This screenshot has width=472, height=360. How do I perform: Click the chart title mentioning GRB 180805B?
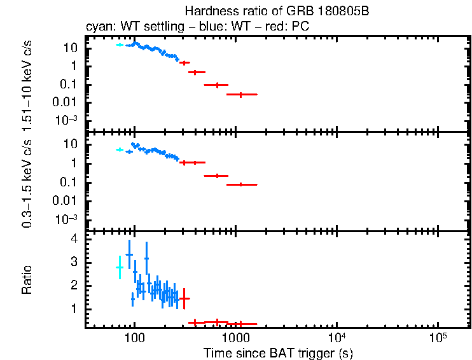(x=277, y=11)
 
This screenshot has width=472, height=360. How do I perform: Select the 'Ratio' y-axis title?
(x=27, y=279)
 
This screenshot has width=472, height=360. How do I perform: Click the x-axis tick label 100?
(x=134, y=338)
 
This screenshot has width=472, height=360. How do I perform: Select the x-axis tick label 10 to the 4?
(x=336, y=336)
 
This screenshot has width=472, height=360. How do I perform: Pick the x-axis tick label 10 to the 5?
(x=437, y=336)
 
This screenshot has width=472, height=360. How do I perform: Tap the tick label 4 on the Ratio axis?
(x=74, y=239)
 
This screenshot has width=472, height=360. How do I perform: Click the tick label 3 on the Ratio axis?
(x=74, y=262)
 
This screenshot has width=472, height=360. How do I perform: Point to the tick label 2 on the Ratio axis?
(x=74, y=286)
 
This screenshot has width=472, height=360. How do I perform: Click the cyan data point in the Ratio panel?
(x=119, y=268)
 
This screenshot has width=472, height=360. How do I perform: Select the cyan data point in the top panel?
(x=119, y=45)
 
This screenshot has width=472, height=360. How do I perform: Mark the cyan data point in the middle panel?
(x=119, y=149)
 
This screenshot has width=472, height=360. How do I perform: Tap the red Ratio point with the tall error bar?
(x=184, y=298)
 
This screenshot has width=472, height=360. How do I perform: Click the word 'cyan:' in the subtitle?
(x=98, y=27)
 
